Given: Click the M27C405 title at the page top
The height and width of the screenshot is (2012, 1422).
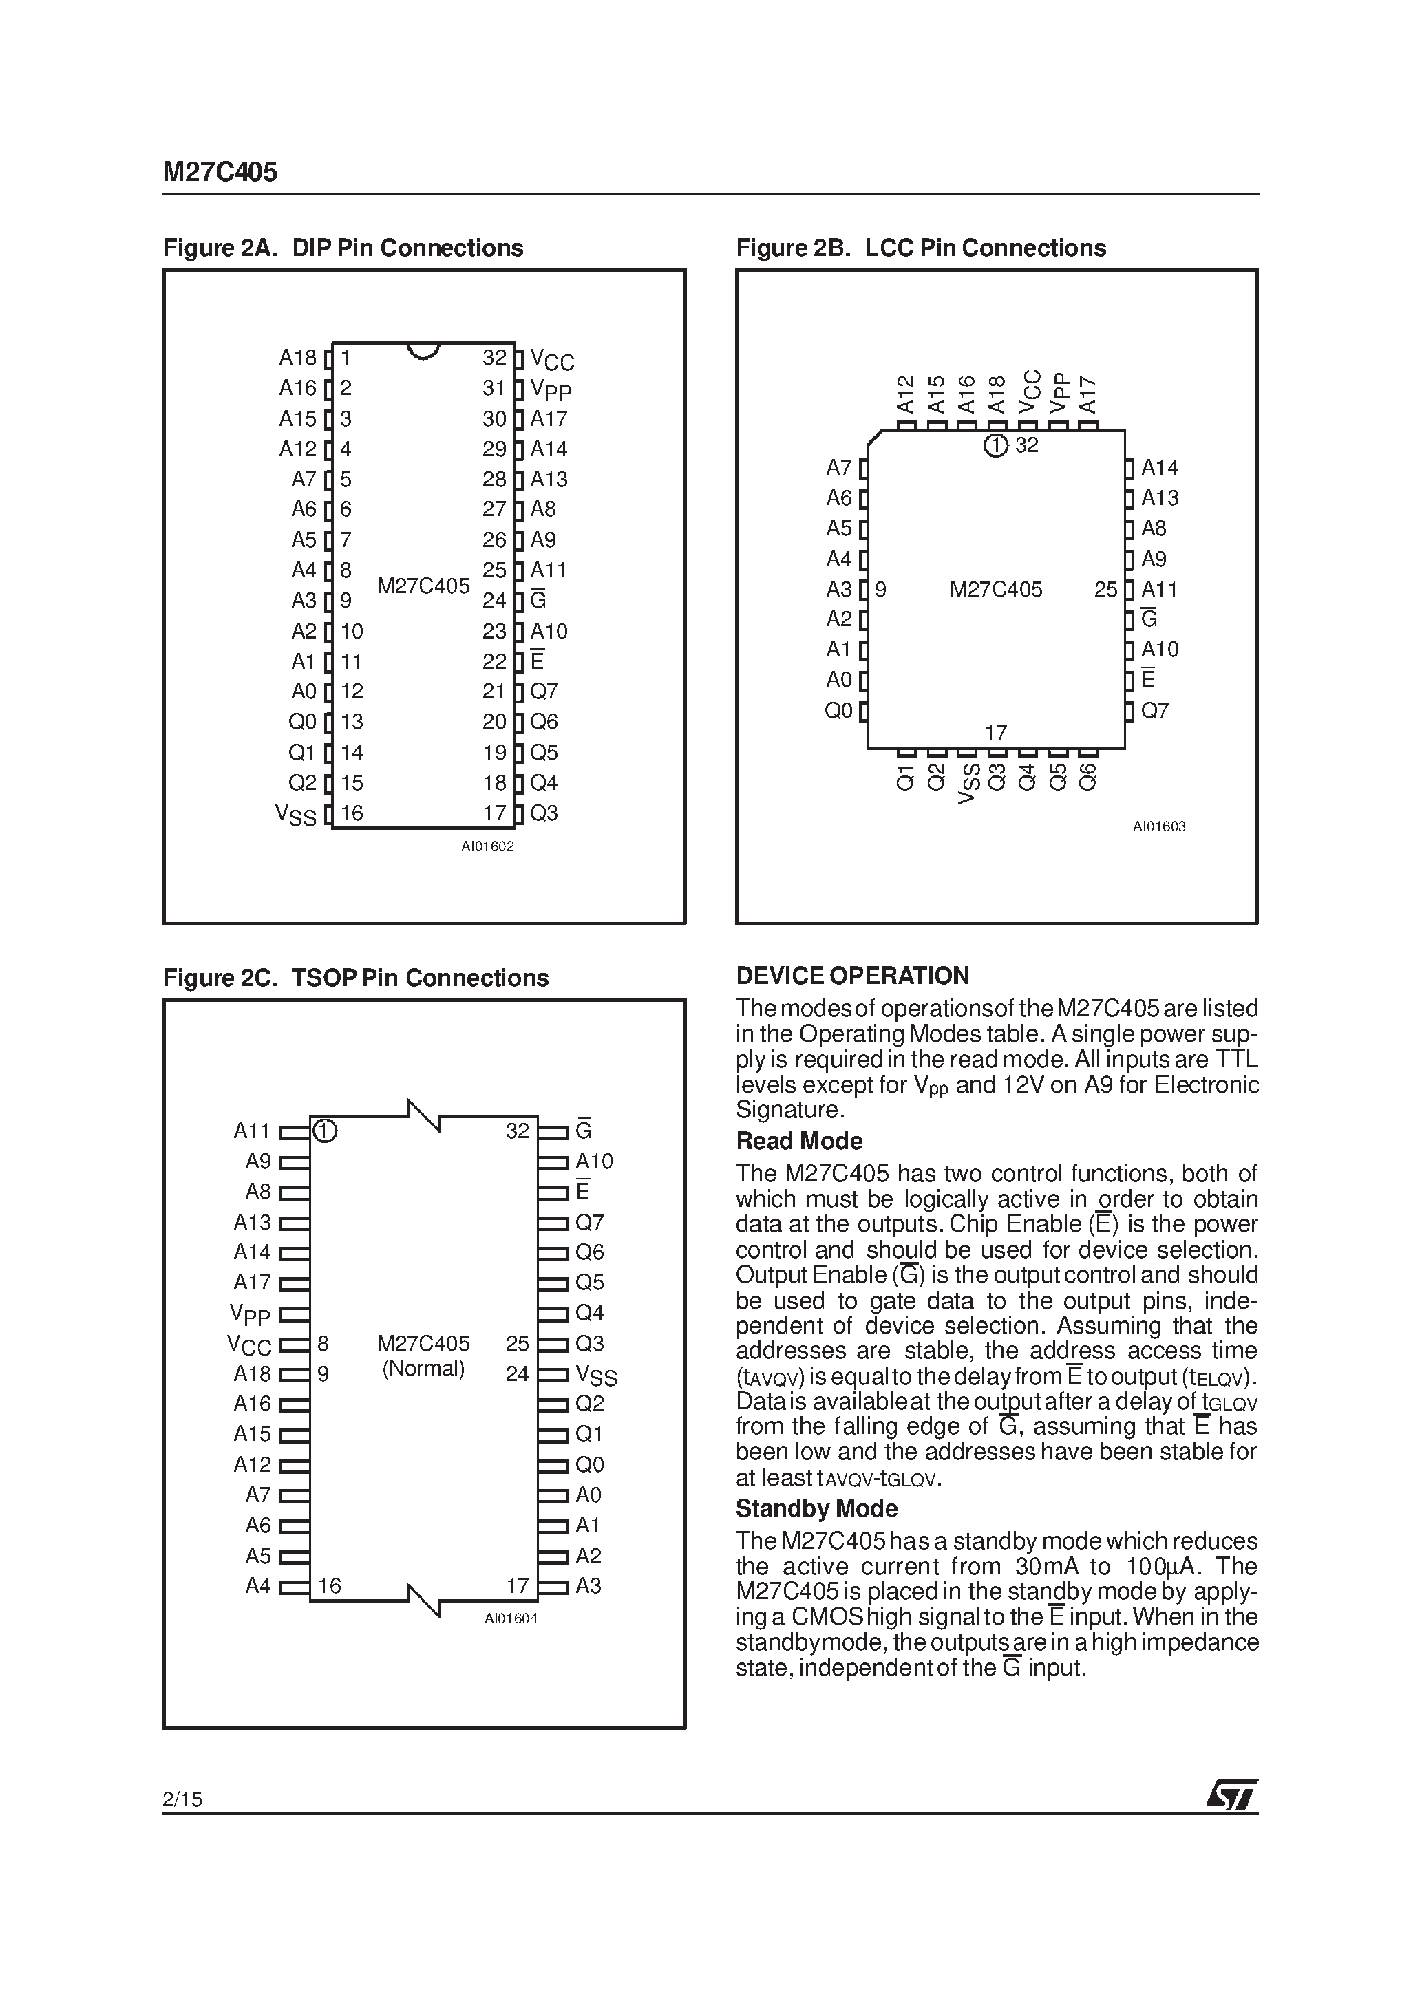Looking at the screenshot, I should coord(220,172).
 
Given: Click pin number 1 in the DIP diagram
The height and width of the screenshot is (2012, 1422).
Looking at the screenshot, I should coord(346,358).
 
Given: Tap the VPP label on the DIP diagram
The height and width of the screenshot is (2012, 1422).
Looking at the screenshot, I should coord(551,389).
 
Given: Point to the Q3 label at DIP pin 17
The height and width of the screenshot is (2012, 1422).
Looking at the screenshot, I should coord(544,813).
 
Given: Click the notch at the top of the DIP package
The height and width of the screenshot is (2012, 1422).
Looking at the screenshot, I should coord(423,350).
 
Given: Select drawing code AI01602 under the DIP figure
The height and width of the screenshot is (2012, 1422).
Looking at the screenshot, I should coord(487,846).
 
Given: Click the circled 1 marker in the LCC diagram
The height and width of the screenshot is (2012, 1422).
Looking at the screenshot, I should coord(995,445).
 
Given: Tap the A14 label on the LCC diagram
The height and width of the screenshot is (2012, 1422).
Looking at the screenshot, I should coord(1159,468).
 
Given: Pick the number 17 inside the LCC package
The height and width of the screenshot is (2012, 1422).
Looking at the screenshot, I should coord(996,731).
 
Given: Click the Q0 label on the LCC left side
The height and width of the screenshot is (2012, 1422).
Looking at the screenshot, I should coord(838,711).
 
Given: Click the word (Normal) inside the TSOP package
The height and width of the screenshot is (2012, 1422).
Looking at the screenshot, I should coord(423,1369).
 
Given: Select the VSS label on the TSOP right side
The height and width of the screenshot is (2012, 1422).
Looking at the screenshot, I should coord(596,1375).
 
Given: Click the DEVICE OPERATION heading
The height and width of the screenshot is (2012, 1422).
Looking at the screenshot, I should coord(852,976).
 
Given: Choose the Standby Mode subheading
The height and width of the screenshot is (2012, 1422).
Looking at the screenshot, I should coord(816,1509).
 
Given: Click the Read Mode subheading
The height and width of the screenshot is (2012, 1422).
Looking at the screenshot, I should coord(798,1141).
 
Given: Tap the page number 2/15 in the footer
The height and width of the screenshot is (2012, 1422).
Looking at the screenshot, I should coord(182,1799).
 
